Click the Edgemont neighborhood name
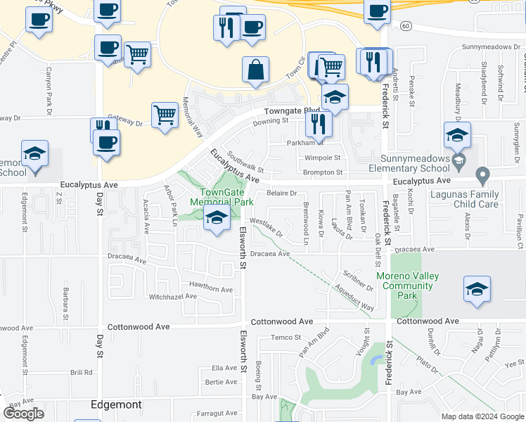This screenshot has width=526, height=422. point(117,405)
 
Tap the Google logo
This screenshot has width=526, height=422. point(23,414)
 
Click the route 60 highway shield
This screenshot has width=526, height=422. point(406,25)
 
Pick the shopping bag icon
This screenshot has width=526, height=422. point(255,70)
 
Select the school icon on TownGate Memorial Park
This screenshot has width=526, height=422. point(217,220)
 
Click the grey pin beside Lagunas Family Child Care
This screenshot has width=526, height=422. point(482,174)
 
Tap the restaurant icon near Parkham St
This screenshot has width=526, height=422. point(319,124)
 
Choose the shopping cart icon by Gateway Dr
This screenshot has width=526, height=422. point(165,115)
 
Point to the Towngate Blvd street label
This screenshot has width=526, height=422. point(292,111)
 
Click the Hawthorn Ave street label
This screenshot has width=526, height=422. point(210,289)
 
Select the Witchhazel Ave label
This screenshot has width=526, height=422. point(172,297)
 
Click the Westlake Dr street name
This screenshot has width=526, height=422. point(267,228)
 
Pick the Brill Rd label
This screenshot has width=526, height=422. point(81,373)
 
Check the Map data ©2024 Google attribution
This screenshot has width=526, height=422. point(482,416)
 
